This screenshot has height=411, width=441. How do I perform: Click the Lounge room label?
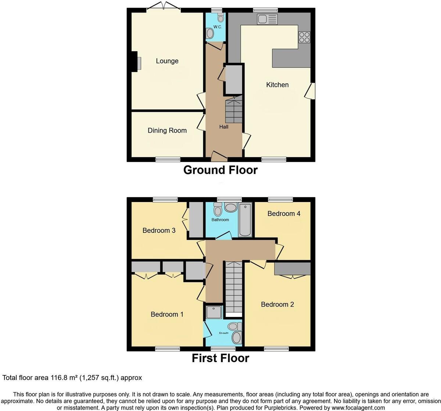pos(167,61)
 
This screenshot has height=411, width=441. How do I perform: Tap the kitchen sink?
pos(267,19)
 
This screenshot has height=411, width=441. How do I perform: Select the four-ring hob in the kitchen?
pos(304,37)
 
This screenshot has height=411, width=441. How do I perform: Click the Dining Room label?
pos(167,130)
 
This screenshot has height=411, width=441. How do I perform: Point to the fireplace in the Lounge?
pos(136,62)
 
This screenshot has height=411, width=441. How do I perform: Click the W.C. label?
pos(218,27)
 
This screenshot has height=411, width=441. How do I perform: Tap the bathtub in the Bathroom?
pos(245,220)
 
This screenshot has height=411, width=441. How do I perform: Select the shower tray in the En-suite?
pos(214,312)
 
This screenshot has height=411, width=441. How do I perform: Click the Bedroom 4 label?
pos(284,214)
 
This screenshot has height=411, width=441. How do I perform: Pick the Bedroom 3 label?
pos(159,230)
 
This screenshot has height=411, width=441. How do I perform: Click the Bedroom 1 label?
pos(167,314)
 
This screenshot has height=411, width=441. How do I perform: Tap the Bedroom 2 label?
pos(277,304)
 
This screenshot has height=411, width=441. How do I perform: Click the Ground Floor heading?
pos(220,170)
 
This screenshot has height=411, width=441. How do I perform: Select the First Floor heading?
pos(220,358)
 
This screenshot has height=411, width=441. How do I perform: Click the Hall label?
pos(223,127)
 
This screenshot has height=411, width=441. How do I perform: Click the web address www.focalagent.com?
pos(358,408)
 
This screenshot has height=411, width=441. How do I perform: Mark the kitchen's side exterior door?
pos(310,91)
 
